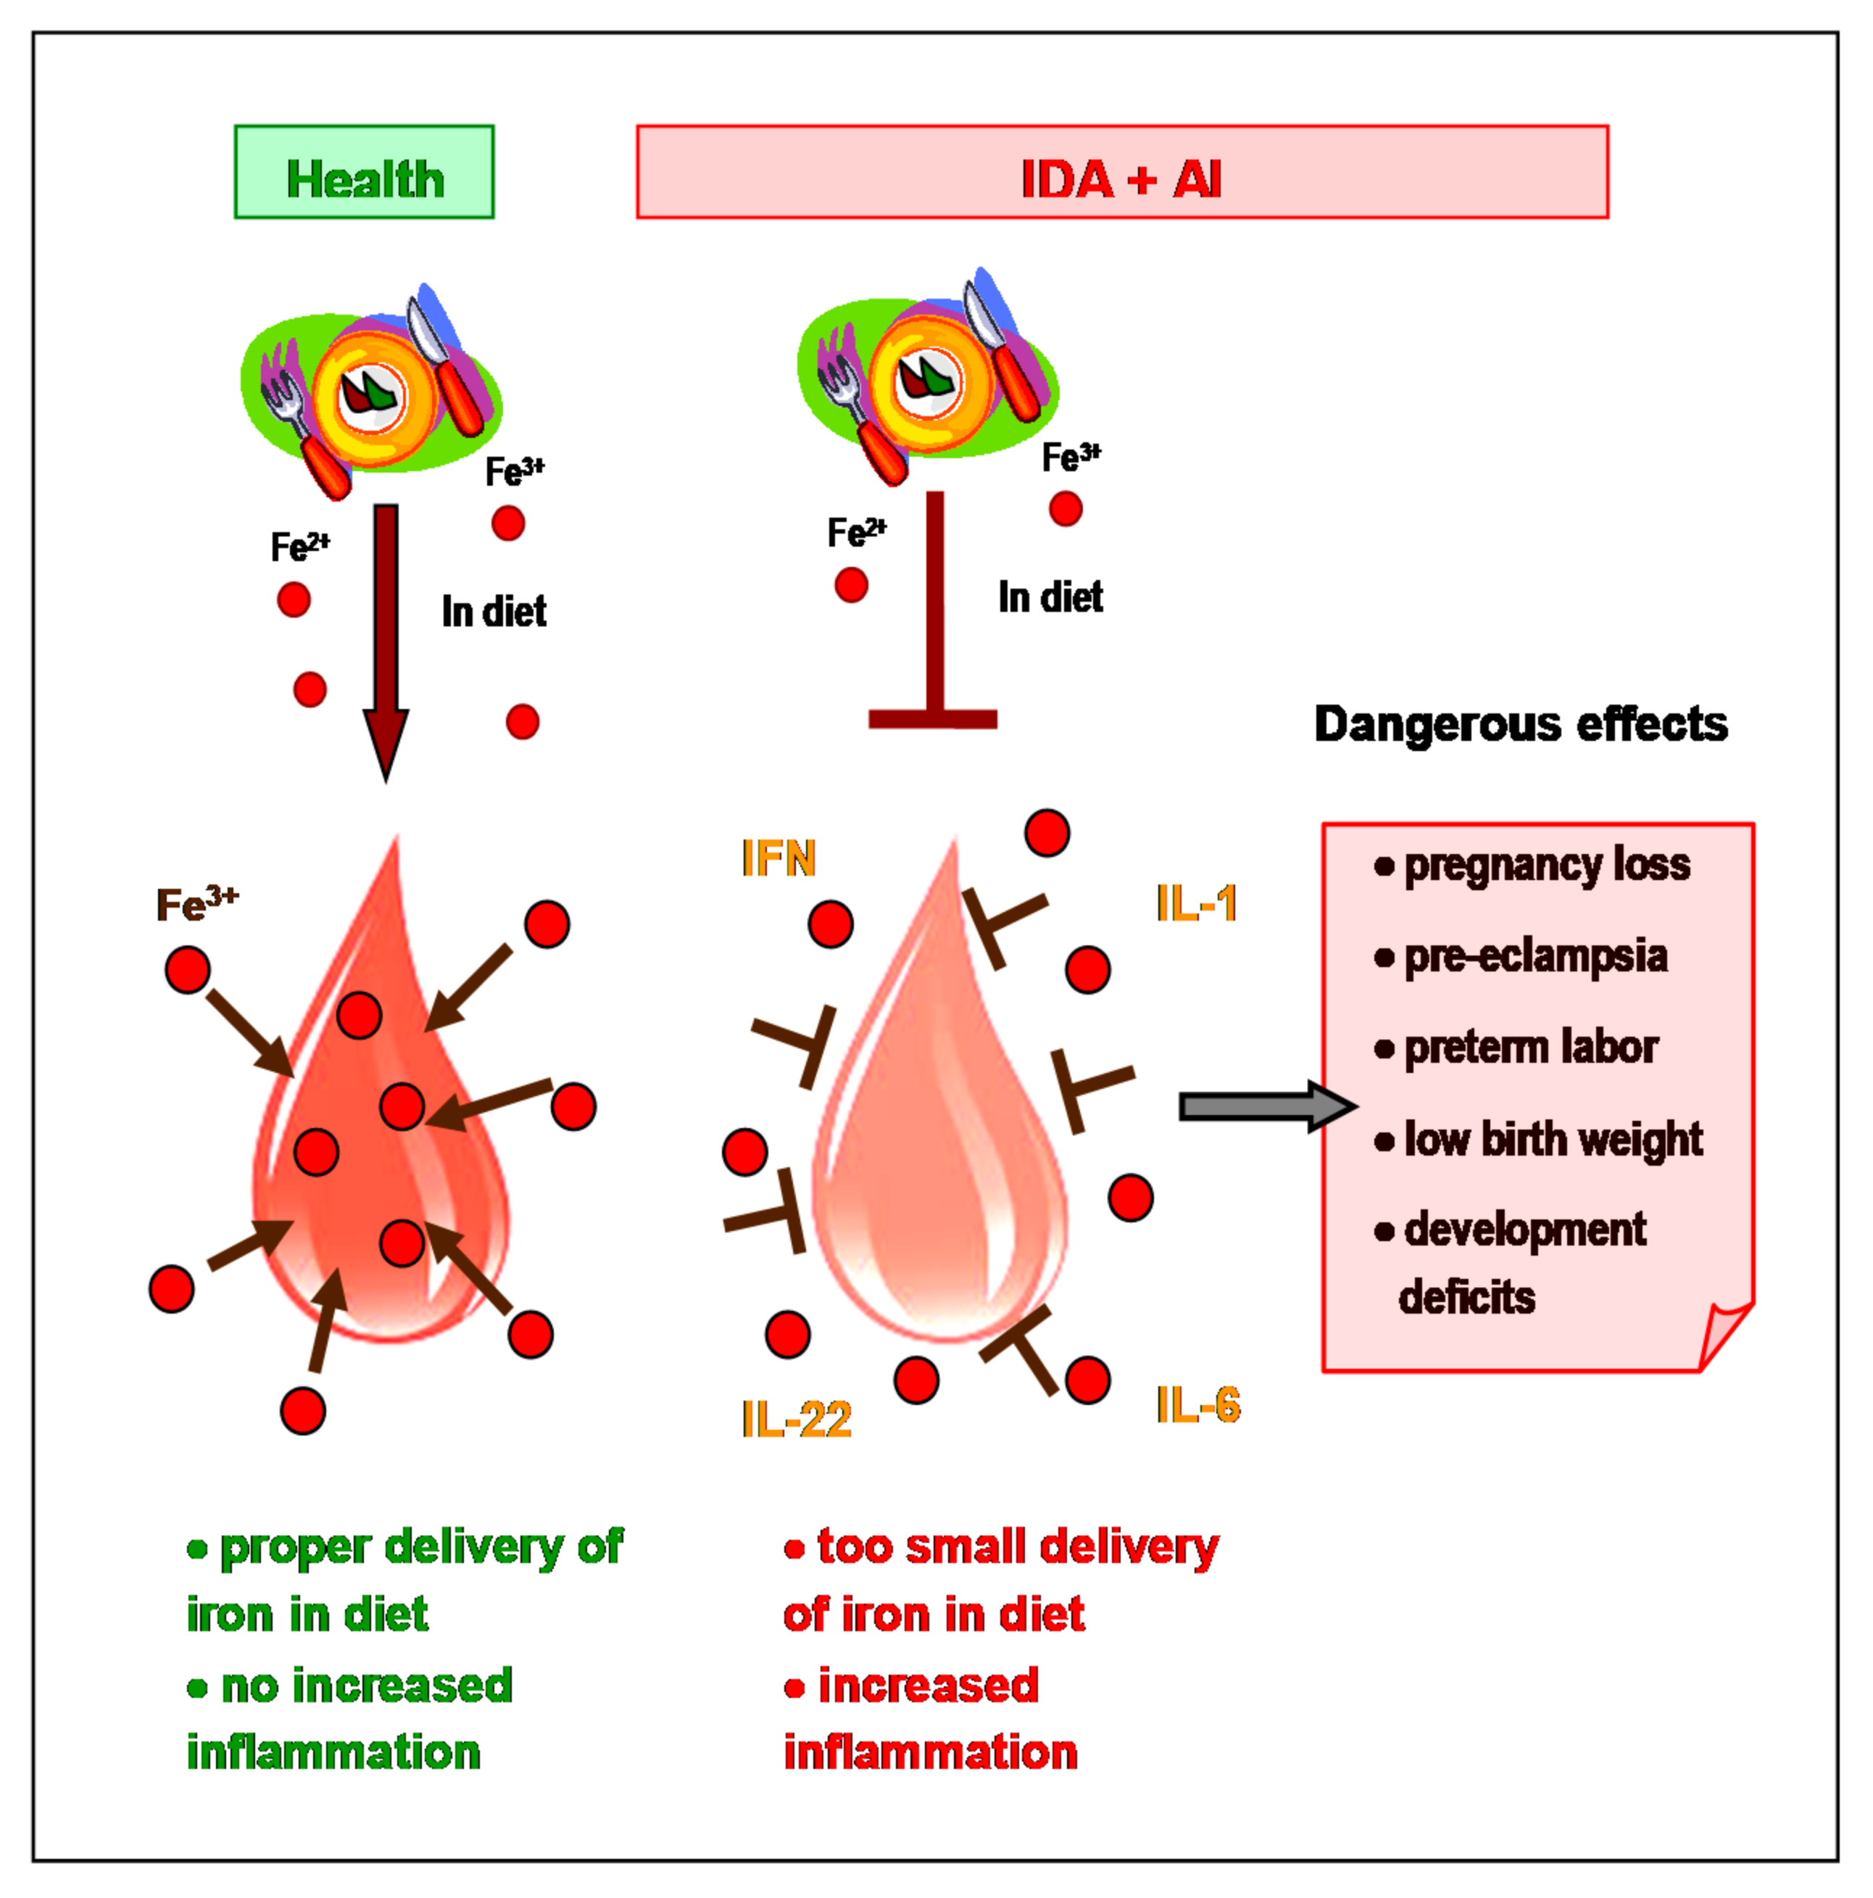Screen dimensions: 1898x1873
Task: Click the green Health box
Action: pos(363,172)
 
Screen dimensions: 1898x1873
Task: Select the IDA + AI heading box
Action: pos(1121,172)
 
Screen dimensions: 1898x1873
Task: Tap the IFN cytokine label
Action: pos(778,858)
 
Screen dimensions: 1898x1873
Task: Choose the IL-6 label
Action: pos(1197,1405)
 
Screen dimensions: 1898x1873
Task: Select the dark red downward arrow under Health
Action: pos(386,639)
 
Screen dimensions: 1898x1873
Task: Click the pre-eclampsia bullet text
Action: pos(1534,956)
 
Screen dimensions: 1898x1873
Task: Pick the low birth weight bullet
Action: pos(1552,1140)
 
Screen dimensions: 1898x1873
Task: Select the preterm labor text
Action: pos(1529,1048)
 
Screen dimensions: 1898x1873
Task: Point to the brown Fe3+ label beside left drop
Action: pos(196,904)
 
